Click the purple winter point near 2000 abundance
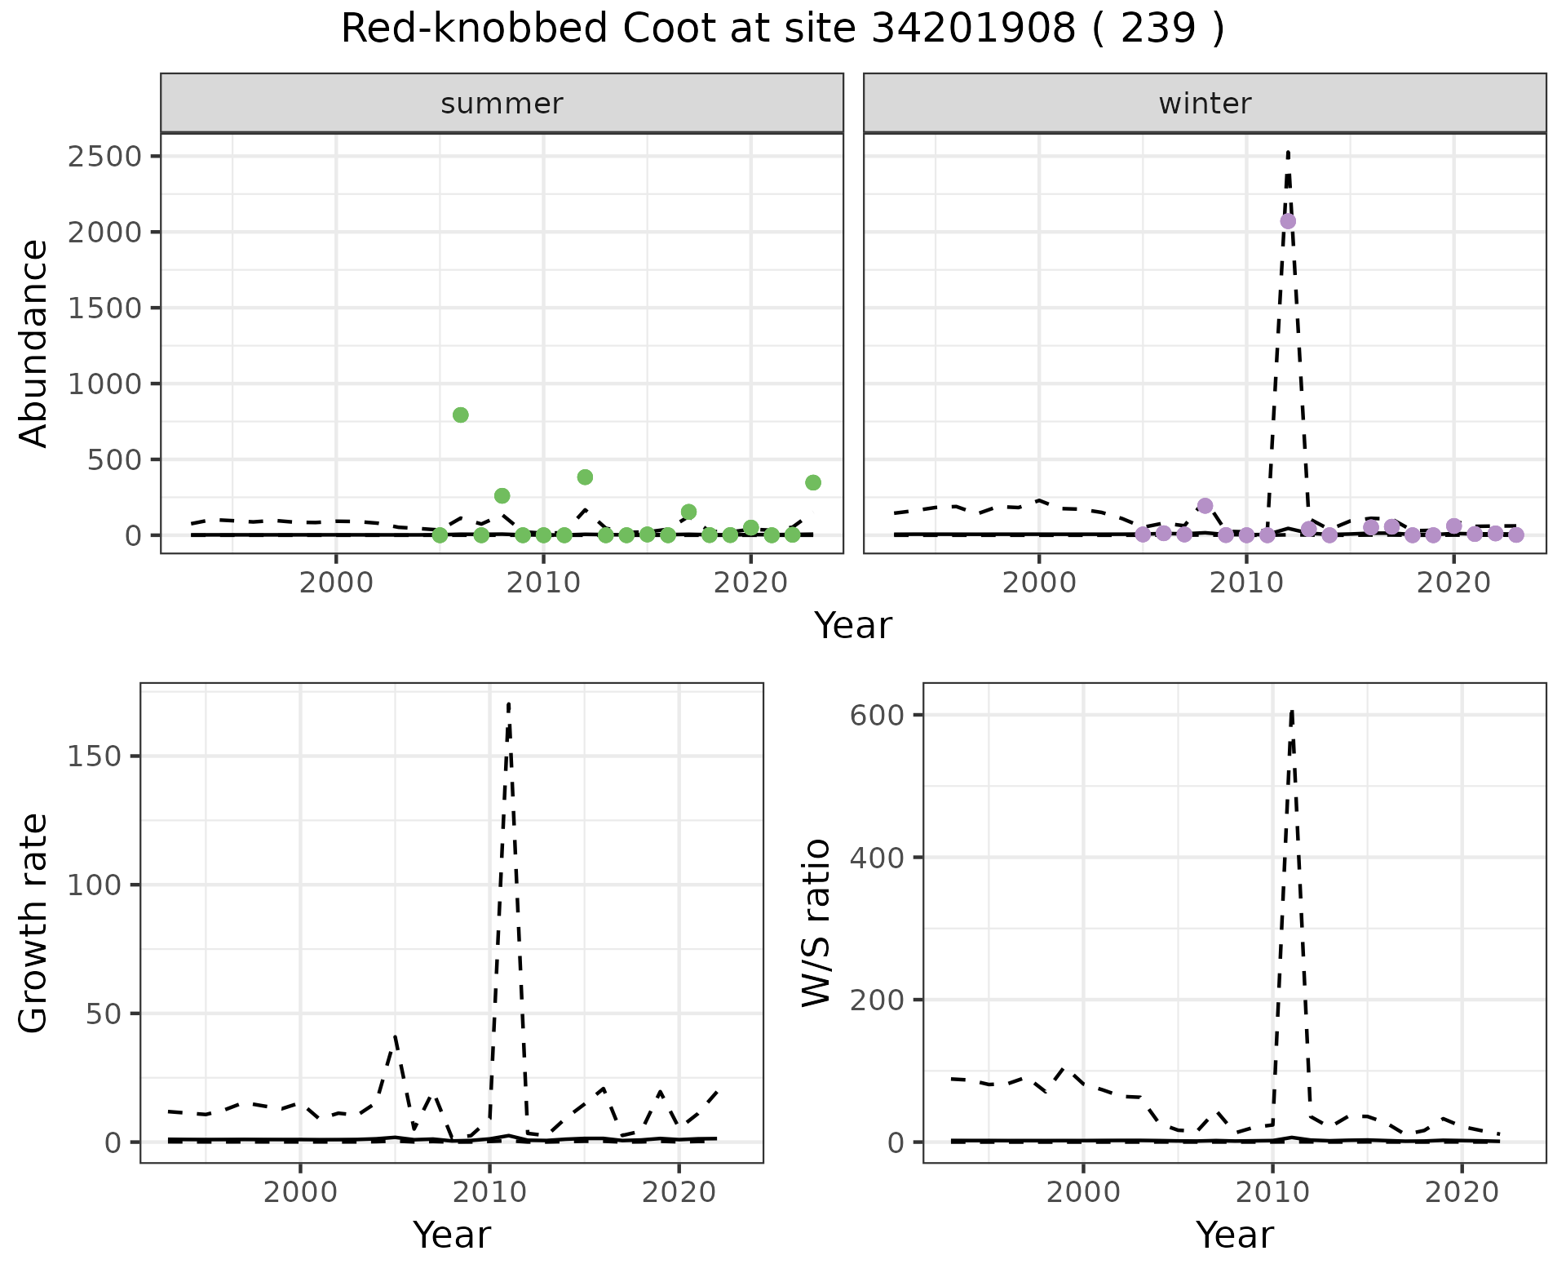[x=1288, y=221]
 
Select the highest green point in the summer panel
[x=460, y=415]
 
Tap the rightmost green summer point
[x=812, y=482]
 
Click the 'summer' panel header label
[x=502, y=104]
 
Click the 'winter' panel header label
[x=1205, y=104]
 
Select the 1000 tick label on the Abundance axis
[x=105, y=384]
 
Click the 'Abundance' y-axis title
[x=34, y=343]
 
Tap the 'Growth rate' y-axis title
[x=34, y=922]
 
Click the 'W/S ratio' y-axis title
[x=816, y=922]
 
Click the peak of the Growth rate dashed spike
[x=508, y=703]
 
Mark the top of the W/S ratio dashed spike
[x=1292, y=712]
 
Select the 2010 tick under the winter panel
[x=1245, y=583]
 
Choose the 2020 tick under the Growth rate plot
[x=679, y=1192]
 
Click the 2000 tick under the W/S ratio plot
[x=1083, y=1192]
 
